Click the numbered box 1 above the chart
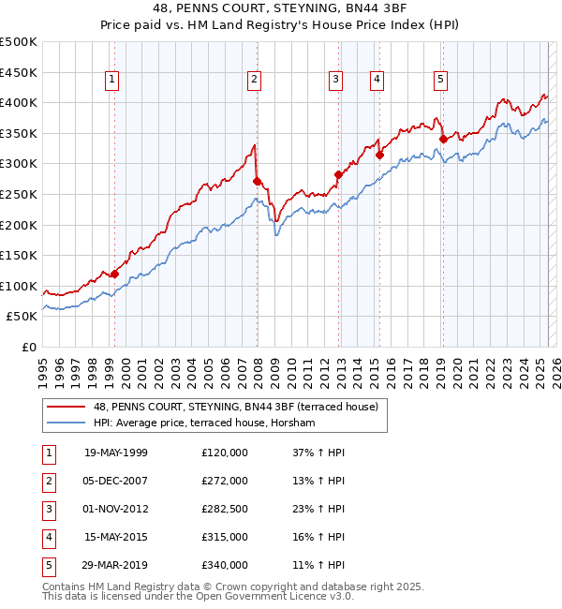111,81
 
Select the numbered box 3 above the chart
335,81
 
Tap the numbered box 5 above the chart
440,81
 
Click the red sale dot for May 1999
114,274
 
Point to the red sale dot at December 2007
257,181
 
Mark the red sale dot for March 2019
443,140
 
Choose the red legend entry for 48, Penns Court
211,407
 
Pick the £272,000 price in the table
225,481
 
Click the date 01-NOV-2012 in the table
116,509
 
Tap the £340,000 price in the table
225,565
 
